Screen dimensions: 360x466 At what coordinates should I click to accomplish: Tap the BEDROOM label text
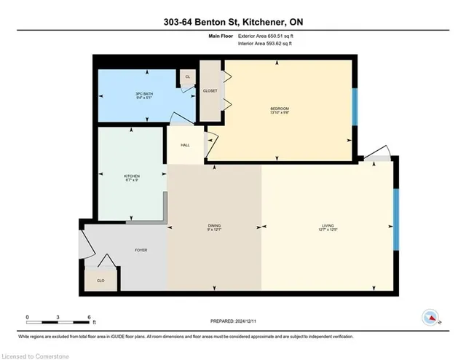click(280, 109)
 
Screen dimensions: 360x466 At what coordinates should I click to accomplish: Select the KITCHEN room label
click(132, 176)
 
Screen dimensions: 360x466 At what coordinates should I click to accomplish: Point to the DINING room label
click(214, 227)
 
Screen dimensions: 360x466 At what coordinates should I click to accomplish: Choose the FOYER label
click(141, 250)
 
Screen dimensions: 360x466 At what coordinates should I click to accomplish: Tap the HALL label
click(185, 144)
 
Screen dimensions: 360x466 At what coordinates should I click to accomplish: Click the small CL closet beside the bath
click(188, 77)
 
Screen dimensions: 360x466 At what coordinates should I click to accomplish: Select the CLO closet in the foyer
click(100, 280)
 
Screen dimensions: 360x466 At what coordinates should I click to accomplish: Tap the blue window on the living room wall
click(396, 219)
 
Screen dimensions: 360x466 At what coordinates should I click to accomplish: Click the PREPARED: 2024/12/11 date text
click(233, 321)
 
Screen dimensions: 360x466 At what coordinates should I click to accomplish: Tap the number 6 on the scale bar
click(89, 318)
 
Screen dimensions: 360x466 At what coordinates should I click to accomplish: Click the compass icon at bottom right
click(430, 318)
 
